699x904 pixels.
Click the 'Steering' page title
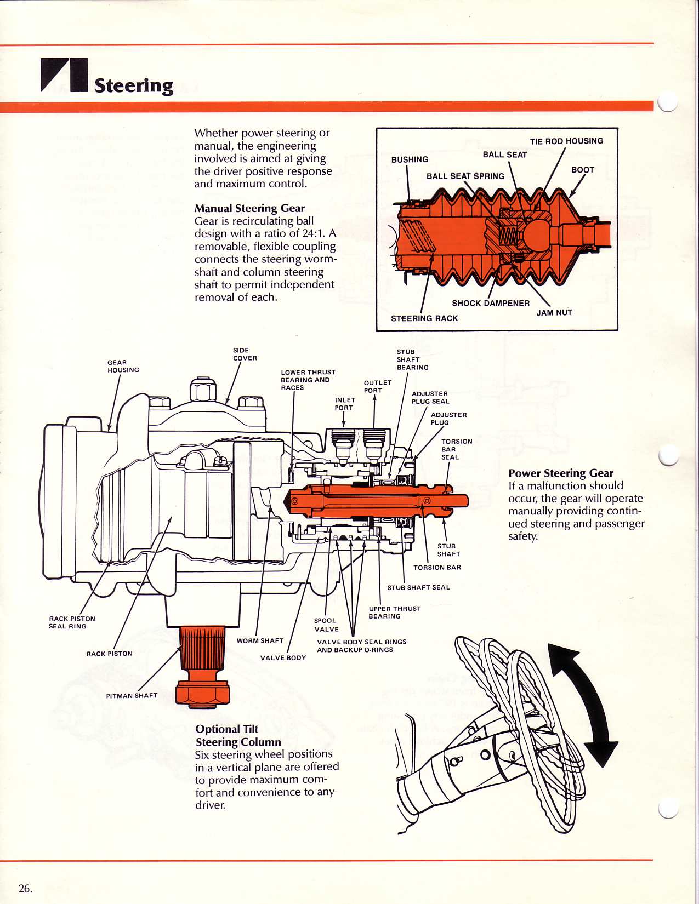tap(134, 85)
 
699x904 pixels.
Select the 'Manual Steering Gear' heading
tap(249, 208)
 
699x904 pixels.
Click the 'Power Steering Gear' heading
tap(560, 473)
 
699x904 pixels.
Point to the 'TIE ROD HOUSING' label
tap(566, 141)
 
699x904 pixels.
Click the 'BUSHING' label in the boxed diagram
tap(410, 159)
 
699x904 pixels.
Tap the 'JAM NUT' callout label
tap(554, 312)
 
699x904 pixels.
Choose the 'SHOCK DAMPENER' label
tap(491, 303)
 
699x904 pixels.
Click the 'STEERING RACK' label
tap(424, 318)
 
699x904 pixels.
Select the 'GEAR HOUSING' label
tap(123, 366)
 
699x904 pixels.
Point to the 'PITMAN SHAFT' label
tap(132, 695)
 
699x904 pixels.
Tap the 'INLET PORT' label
tap(345, 404)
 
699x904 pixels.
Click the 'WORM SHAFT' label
tap(260, 640)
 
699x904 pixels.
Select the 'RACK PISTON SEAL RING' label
tap(72, 622)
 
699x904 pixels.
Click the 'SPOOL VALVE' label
tap(326, 625)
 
